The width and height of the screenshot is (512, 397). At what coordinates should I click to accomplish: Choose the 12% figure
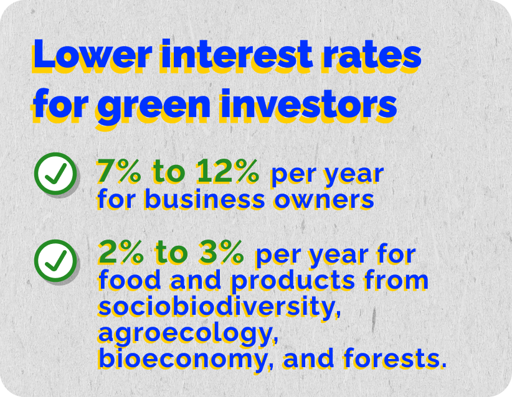(230, 172)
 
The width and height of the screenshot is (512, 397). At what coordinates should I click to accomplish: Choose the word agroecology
(187, 334)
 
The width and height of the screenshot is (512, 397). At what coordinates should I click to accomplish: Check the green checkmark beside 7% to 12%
(55, 174)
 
